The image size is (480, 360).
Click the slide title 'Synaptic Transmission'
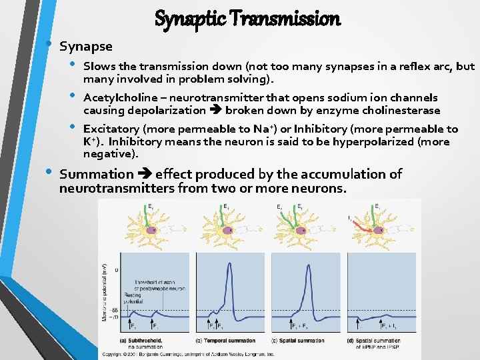(x=247, y=19)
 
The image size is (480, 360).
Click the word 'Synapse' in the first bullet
(x=86, y=47)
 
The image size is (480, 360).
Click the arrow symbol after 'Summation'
(x=145, y=174)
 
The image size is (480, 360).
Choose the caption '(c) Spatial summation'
(x=298, y=341)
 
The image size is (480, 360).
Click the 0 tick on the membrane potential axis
(x=116, y=270)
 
